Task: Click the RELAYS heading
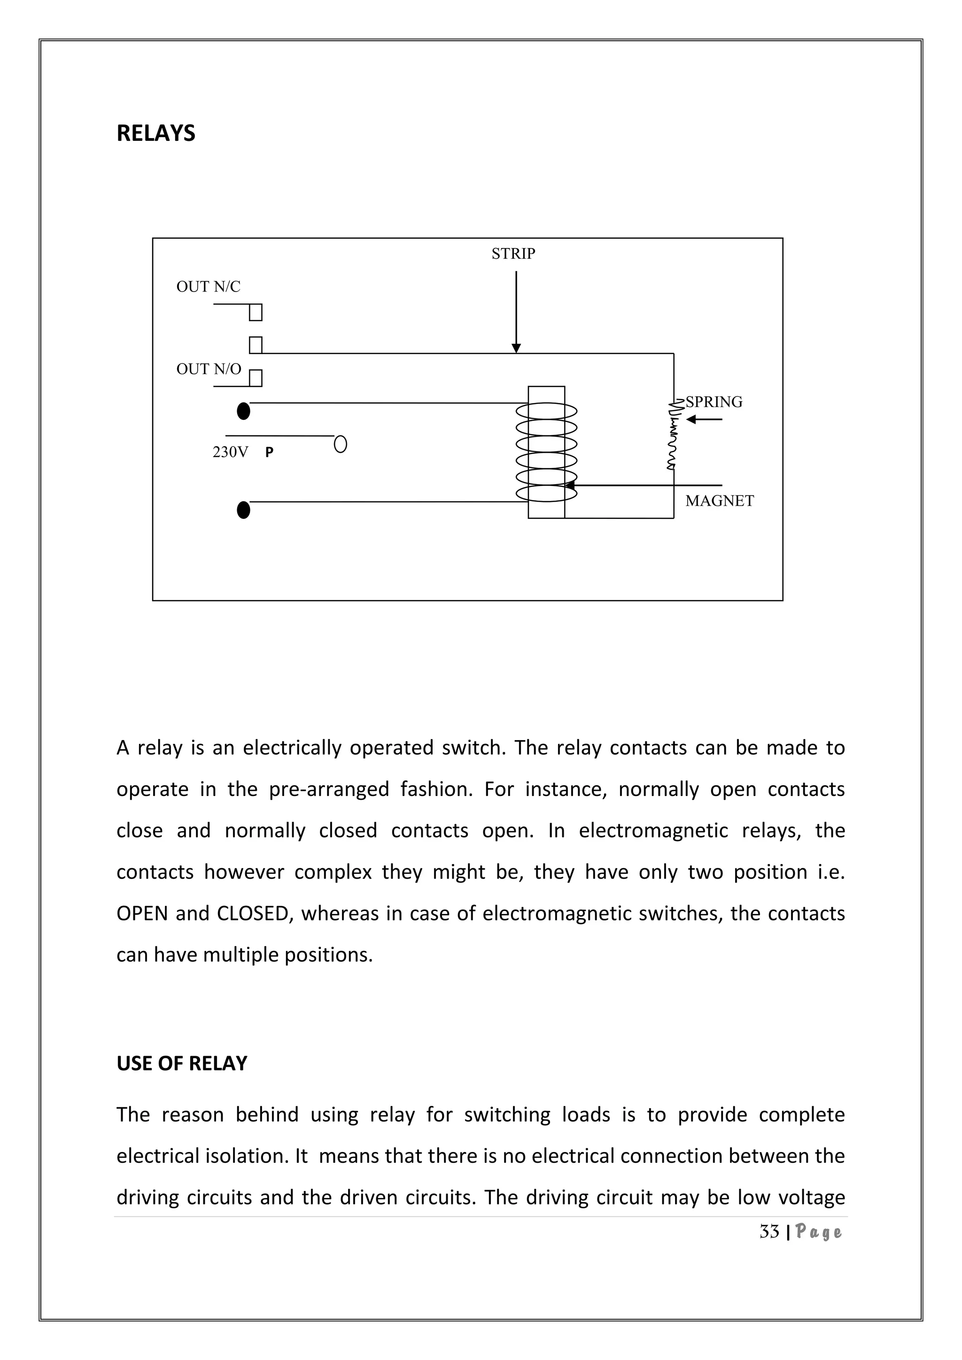156,133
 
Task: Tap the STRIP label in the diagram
513,254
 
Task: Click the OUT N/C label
209,286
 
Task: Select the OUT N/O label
209,369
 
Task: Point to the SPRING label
714,402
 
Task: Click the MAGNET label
719,501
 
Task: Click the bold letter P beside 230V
270,453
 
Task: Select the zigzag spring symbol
674,435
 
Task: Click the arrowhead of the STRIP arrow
516,348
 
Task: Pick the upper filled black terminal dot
243,410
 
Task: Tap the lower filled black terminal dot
243,510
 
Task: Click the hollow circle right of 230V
341,444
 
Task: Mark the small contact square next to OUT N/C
256,312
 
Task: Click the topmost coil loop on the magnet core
546,410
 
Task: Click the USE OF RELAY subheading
182,1063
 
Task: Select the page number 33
769,1232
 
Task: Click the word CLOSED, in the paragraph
252,913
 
